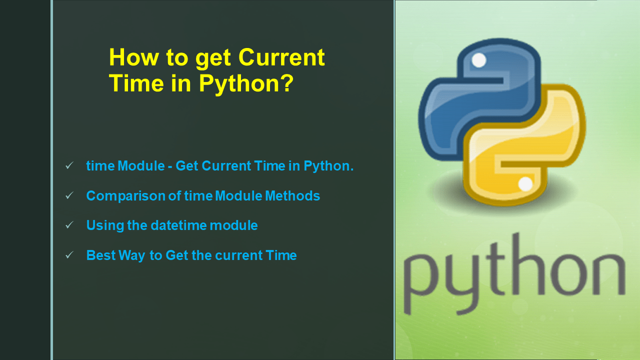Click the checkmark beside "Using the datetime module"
point(69,225)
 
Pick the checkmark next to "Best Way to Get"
point(69,255)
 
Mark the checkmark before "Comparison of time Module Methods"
point(69,195)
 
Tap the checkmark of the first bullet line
point(69,165)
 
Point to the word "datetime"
point(178,225)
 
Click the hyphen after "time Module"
point(170,166)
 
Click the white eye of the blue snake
point(478,60)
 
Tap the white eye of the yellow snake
point(525,184)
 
